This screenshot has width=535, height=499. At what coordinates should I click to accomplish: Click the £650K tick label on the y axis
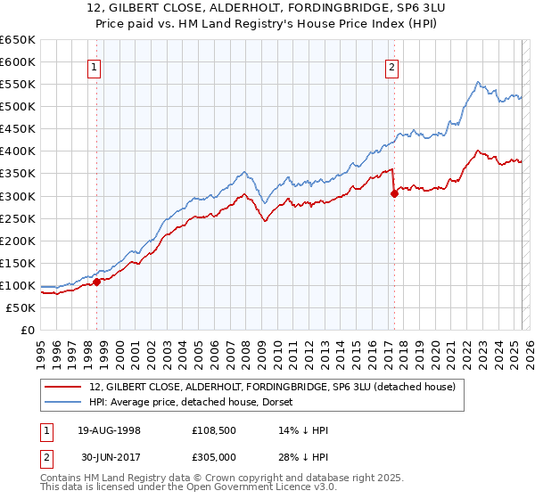17,40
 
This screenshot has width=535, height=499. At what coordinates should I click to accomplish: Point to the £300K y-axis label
17,196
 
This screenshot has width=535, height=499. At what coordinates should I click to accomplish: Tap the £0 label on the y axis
26,330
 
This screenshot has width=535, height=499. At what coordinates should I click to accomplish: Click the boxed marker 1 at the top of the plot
95,65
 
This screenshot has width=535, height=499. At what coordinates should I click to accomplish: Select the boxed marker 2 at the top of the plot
391,65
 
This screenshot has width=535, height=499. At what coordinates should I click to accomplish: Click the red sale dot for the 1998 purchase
97,282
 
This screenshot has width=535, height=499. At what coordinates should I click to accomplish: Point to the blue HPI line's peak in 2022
478,83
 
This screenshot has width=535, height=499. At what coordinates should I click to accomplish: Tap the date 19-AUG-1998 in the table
109,430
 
